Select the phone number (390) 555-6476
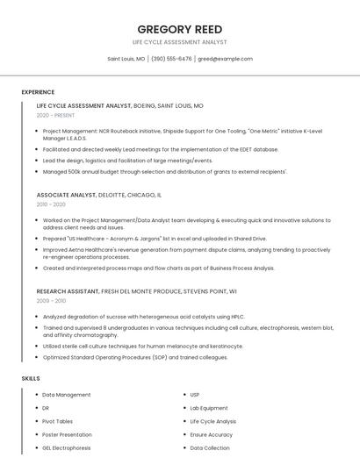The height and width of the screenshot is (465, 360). tap(170, 59)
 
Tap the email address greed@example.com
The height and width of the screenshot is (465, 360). tap(225, 59)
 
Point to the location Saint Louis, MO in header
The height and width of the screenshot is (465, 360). tap(126, 59)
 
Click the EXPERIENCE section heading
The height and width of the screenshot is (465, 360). tap(38, 92)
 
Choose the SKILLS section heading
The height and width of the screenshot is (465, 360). tap(31, 378)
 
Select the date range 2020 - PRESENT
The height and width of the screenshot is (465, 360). tap(56, 115)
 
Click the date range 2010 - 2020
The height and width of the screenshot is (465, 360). tap(51, 204)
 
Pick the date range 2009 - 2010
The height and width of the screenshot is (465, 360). tap(51, 300)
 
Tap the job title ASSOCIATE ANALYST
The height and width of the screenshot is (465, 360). tap(67, 194)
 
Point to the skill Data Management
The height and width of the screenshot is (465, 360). tap(67, 395)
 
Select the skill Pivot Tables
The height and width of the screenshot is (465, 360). tap(58, 421)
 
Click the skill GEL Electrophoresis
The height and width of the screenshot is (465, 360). tap(67, 447)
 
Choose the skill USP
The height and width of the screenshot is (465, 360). tap(195, 395)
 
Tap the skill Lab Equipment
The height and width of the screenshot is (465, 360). tap(209, 408)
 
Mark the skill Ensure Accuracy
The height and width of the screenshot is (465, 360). tap(212, 434)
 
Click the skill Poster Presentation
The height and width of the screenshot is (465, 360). tap(67, 434)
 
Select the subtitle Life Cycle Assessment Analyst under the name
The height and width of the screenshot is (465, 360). tap(179, 42)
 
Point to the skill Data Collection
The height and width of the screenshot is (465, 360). tap(210, 447)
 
